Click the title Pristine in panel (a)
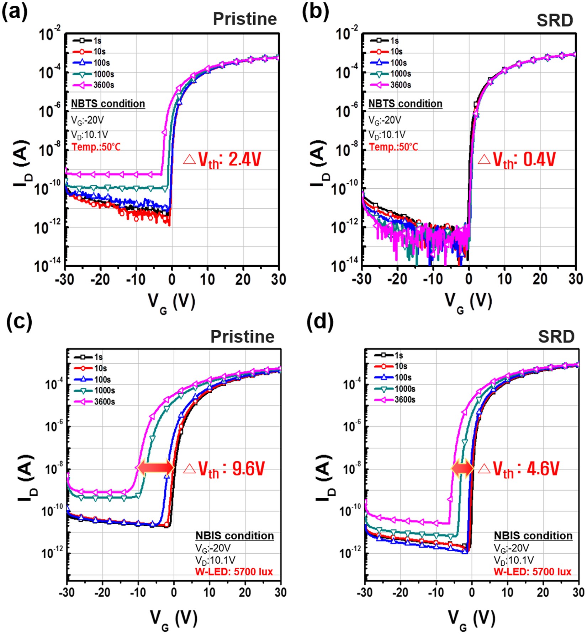click(244, 19)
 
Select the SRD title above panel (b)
click(555, 21)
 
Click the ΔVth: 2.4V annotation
click(223, 160)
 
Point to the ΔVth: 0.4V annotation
click(517, 160)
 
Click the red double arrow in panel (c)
click(155, 468)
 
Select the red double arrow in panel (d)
click(462, 469)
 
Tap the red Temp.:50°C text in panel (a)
click(96, 147)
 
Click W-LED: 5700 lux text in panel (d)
click(532, 572)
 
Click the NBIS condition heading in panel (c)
click(234, 536)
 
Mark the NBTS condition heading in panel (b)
click(405, 104)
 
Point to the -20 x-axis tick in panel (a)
click(100, 280)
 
